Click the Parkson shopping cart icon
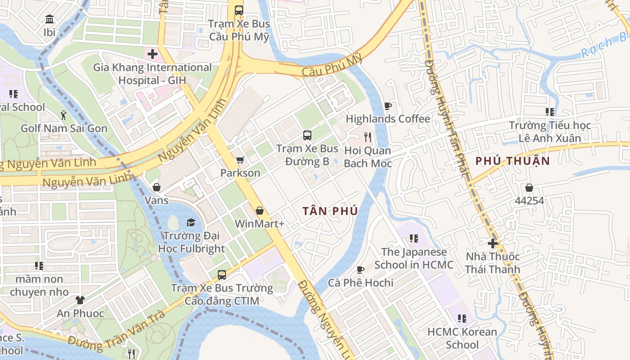tap(240, 160)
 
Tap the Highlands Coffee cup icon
tap(387, 106)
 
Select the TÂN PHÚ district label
tap(330, 211)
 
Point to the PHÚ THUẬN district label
tap(513, 161)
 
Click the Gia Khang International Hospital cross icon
tap(153, 54)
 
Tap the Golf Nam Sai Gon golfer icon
tap(63, 116)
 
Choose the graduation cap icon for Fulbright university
tap(191, 222)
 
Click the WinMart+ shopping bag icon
tap(260, 210)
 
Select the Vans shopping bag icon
tap(157, 187)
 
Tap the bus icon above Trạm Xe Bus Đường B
tap(307, 135)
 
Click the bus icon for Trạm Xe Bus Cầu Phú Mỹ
tap(239, 10)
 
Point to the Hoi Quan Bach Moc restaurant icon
tap(368, 137)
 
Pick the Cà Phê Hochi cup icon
tap(360, 270)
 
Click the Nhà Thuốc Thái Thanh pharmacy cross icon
tap(493, 243)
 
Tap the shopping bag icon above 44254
tap(529, 187)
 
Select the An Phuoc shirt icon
tap(80, 300)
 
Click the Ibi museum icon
tap(49, 19)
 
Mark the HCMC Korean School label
tap(462, 338)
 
